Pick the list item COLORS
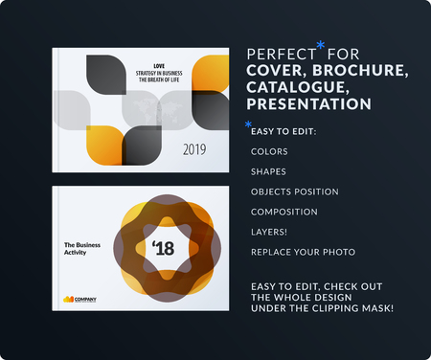[x=268, y=151]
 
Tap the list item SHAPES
[x=268, y=171]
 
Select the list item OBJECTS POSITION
[x=293, y=191]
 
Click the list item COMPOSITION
[x=284, y=212]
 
